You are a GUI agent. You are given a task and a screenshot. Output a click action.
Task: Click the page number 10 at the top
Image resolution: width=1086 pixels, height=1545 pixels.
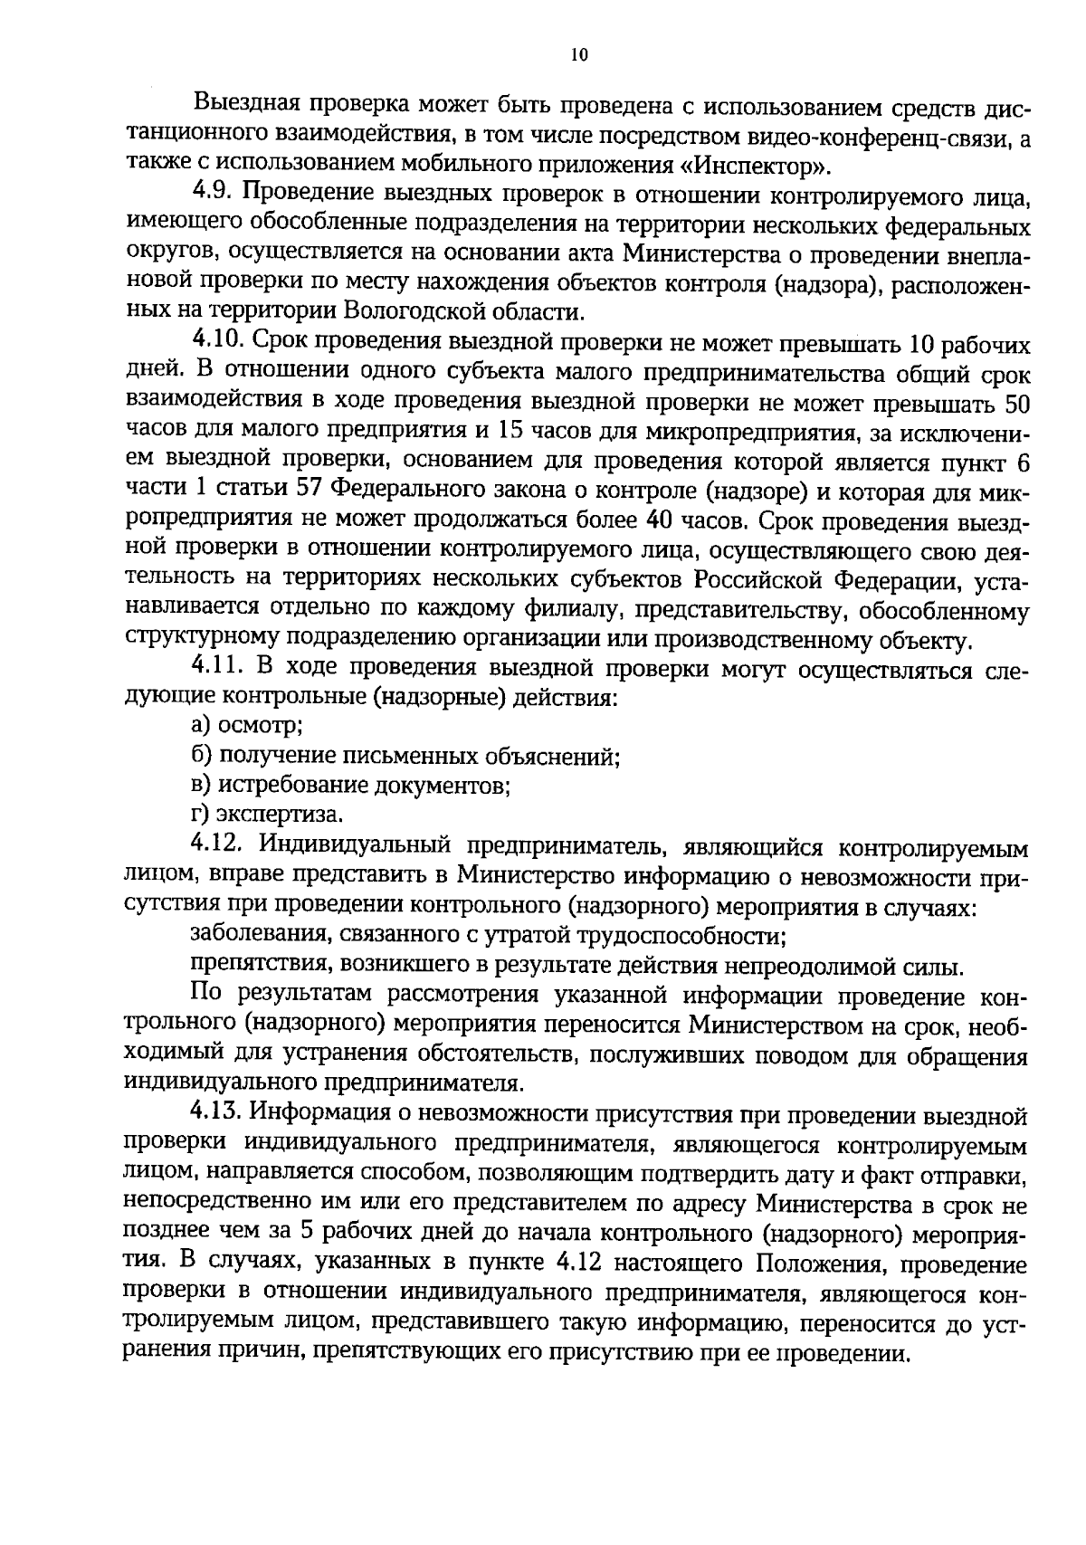click(x=579, y=54)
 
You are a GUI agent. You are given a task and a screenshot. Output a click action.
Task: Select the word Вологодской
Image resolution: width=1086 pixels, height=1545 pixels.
click(x=418, y=312)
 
